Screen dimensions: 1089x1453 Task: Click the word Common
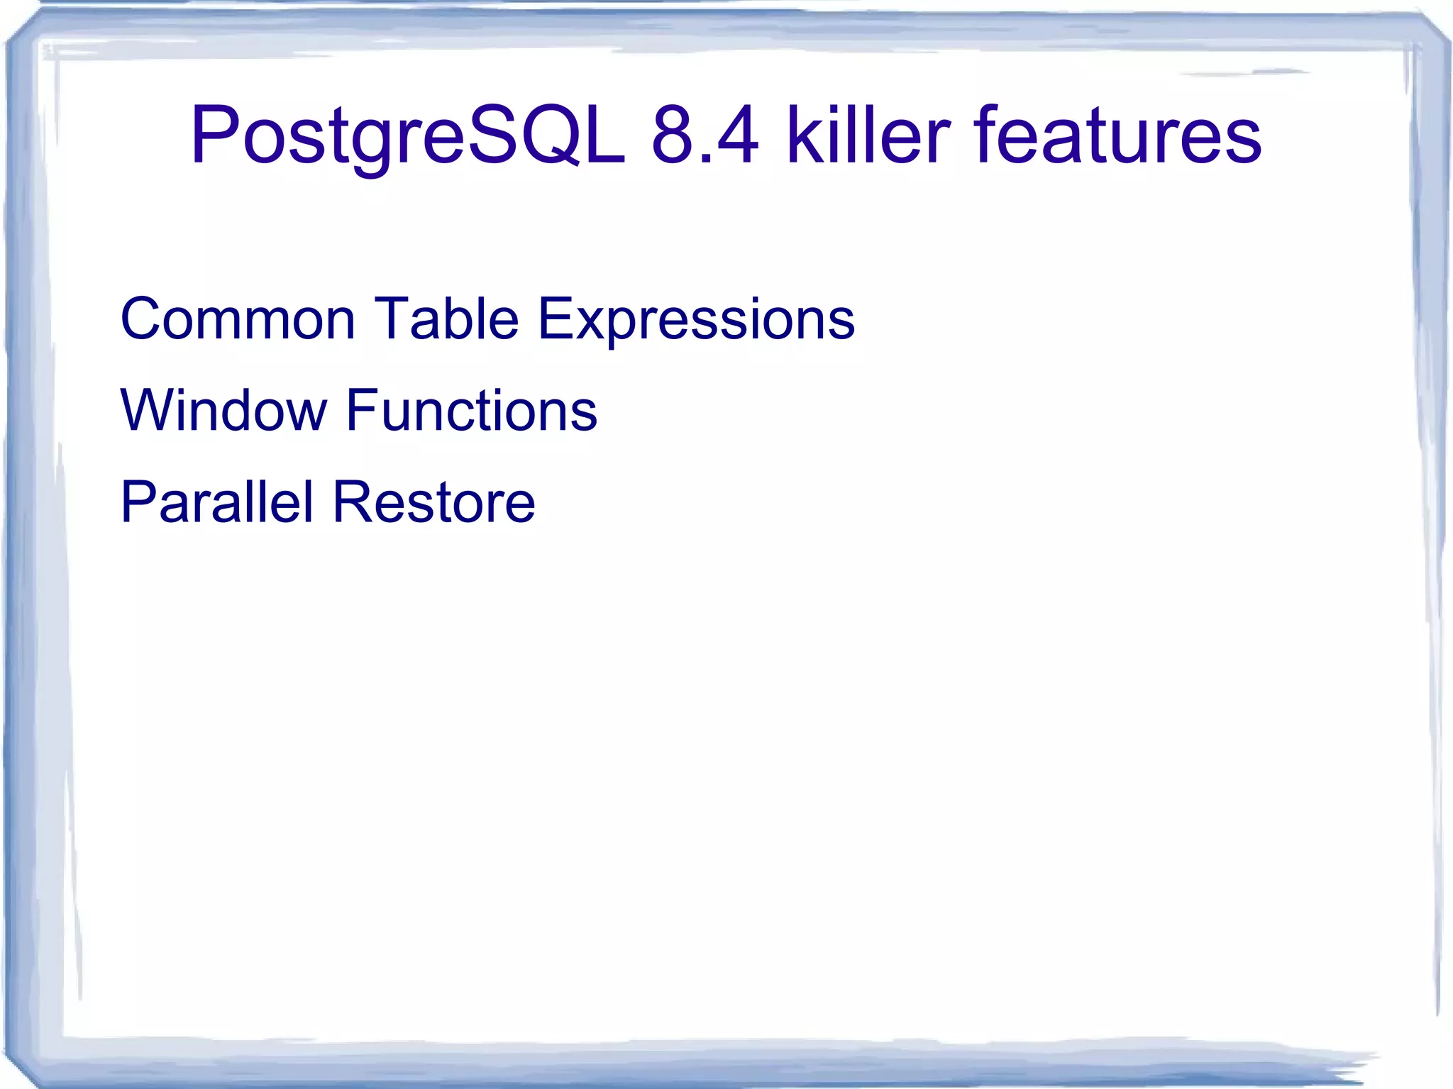pos(238,319)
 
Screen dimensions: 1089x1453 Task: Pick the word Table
pos(446,319)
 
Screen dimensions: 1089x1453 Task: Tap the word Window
pos(224,411)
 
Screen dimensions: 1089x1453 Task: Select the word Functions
pos(472,411)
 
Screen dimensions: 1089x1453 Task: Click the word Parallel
pos(217,502)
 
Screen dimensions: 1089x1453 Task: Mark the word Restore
pos(433,502)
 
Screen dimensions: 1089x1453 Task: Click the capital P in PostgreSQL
pos(213,135)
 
